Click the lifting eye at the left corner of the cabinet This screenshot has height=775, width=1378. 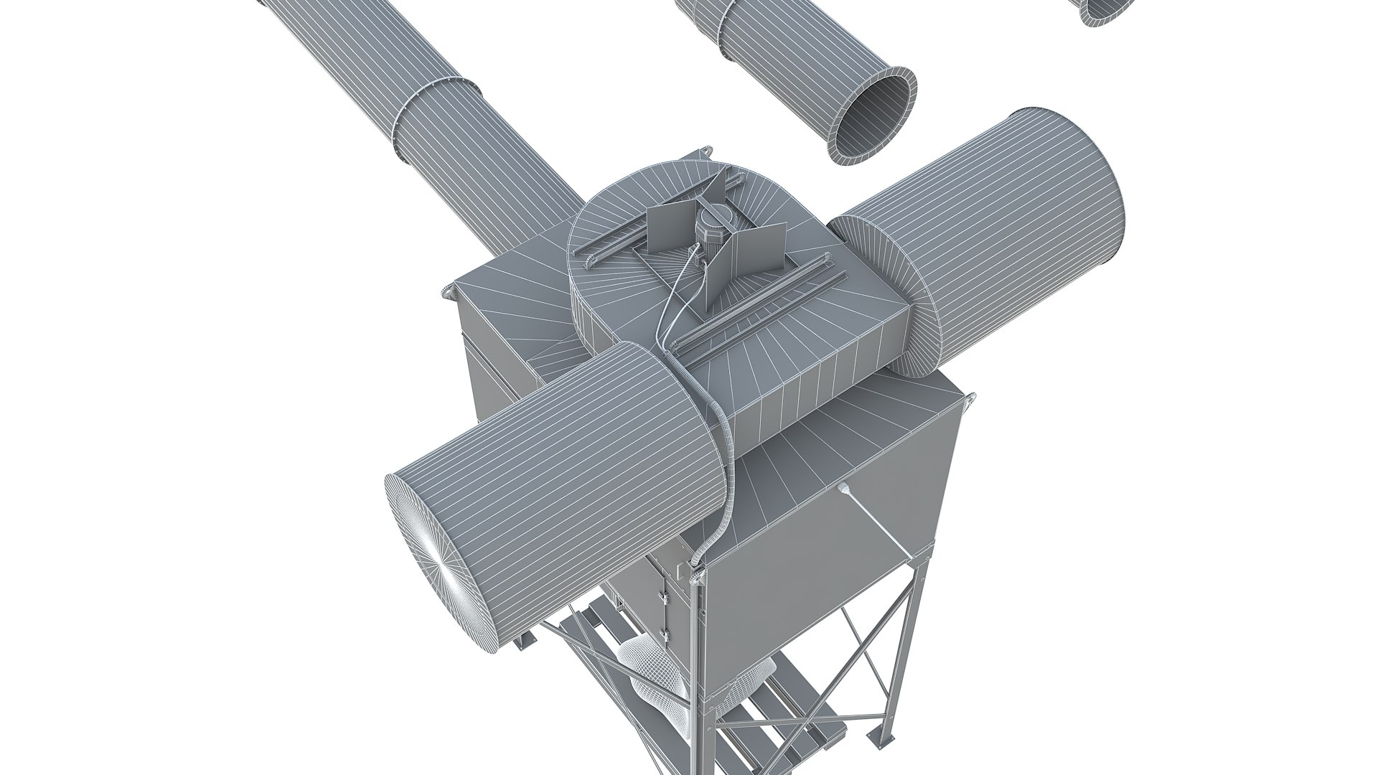[x=448, y=291]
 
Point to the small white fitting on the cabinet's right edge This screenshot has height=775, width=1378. [x=845, y=489]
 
